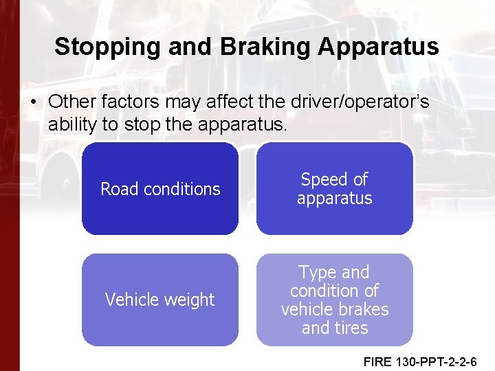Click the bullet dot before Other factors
(x=33, y=102)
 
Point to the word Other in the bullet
(x=71, y=102)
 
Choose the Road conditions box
(x=160, y=189)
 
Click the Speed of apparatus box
(x=335, y=189)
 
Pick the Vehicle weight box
(x=160, y=300)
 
